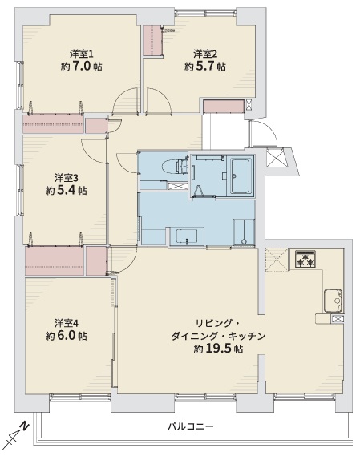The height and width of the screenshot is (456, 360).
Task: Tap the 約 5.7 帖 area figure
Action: point(205,67)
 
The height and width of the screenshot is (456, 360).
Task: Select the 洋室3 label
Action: point(66,178)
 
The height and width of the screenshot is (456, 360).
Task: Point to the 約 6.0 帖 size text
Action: point(66,336)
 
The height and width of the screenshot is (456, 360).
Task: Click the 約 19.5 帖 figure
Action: point(218,349)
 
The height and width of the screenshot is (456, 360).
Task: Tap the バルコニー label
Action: point(191,426)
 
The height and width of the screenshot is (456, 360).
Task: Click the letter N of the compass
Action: point(25,426)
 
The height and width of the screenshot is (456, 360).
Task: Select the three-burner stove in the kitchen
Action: point(305,259)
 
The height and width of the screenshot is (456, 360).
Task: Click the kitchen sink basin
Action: point(333,301)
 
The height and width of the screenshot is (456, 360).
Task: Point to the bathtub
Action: point(240,176)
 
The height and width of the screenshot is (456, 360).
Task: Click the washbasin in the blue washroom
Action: point(187,236)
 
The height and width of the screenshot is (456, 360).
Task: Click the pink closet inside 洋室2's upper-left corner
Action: point(152,40)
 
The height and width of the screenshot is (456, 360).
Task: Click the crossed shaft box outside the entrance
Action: point(275,158)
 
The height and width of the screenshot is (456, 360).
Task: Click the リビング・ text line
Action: point(217,323)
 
